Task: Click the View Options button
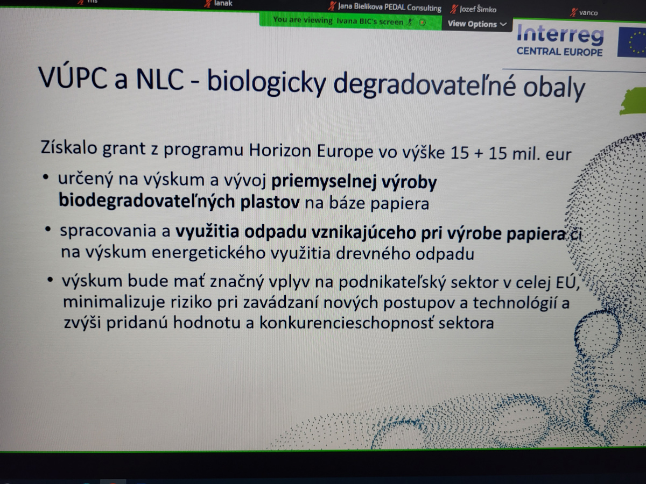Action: click(x=477, y=24)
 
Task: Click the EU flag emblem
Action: click(x=631, y=42)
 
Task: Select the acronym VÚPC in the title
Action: click(x=73, y=77)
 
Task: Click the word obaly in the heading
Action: click(x=554, y=88)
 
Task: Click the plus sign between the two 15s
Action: click(x=479, y=154)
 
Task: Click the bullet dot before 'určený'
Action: click(x=46, y=177)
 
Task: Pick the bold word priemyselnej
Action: click(x=324, y=182)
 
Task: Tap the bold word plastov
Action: click(x=270, y=202)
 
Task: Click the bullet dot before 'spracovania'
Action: click(x=48, y=229)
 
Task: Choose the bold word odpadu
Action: click(x=276, y=232)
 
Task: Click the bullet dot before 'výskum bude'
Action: click(x=50, y=280)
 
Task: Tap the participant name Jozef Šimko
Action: click(x=478, y=10)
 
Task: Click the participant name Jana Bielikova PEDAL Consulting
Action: click(x=390, y=8)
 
